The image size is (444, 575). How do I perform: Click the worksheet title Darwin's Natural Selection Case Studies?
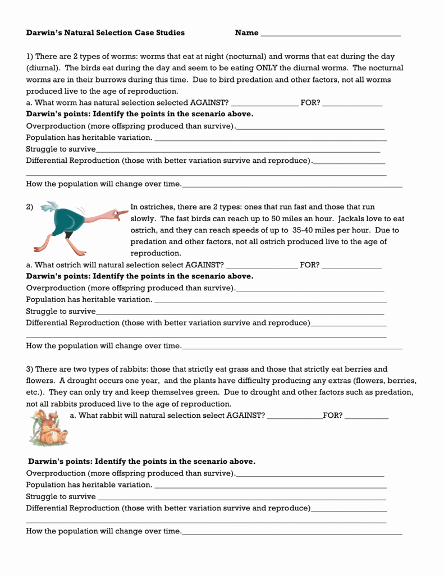[x=106, y=33]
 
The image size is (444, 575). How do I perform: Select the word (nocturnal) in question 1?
[x=246, y=56]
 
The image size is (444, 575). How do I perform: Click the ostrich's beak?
[x=121, y=213]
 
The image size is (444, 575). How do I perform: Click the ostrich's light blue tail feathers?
[x=51, y=207]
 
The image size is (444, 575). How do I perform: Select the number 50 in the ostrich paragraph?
[x=276, y=218]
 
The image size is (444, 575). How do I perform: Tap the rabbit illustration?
[x=48, y=427]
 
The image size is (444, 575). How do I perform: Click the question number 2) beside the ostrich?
[x=30, y=207]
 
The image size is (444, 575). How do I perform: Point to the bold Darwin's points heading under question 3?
[x=141, y=461]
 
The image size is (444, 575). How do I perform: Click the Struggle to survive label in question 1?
[x=61, y=149]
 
